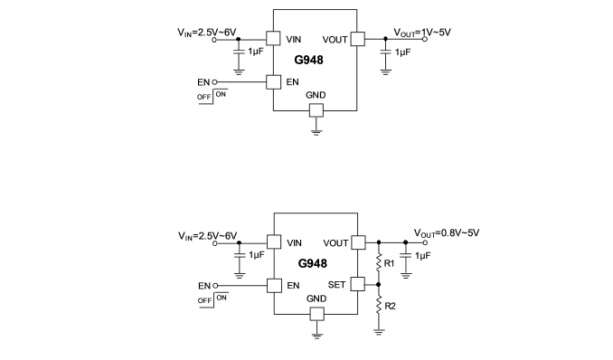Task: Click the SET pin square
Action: pos(357,284)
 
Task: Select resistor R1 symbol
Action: pos(379,262)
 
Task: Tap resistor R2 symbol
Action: pos(379,305)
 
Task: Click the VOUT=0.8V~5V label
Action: pos(447,233)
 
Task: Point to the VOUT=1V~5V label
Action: pos(422,33)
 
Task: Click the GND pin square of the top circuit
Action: pos(316,110)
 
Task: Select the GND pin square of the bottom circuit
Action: pos(317,314)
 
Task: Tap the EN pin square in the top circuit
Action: pos(273,82)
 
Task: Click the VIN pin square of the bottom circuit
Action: pos(274,242)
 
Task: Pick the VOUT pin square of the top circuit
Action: pos(357,39)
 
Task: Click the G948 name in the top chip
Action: pos(308,60)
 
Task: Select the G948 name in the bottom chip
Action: pos(312,263)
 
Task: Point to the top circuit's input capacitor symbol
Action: pos(239,52)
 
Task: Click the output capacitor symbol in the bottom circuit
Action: pos(406,255)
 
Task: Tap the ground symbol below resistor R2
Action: pos(379,332)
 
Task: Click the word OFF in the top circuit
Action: pos(204,97)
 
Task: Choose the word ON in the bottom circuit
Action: pos(222,298)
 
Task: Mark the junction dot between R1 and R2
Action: pos(379,285)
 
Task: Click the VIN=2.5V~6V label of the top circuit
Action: pos(207,33)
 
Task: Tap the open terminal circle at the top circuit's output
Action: pos(425,39)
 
